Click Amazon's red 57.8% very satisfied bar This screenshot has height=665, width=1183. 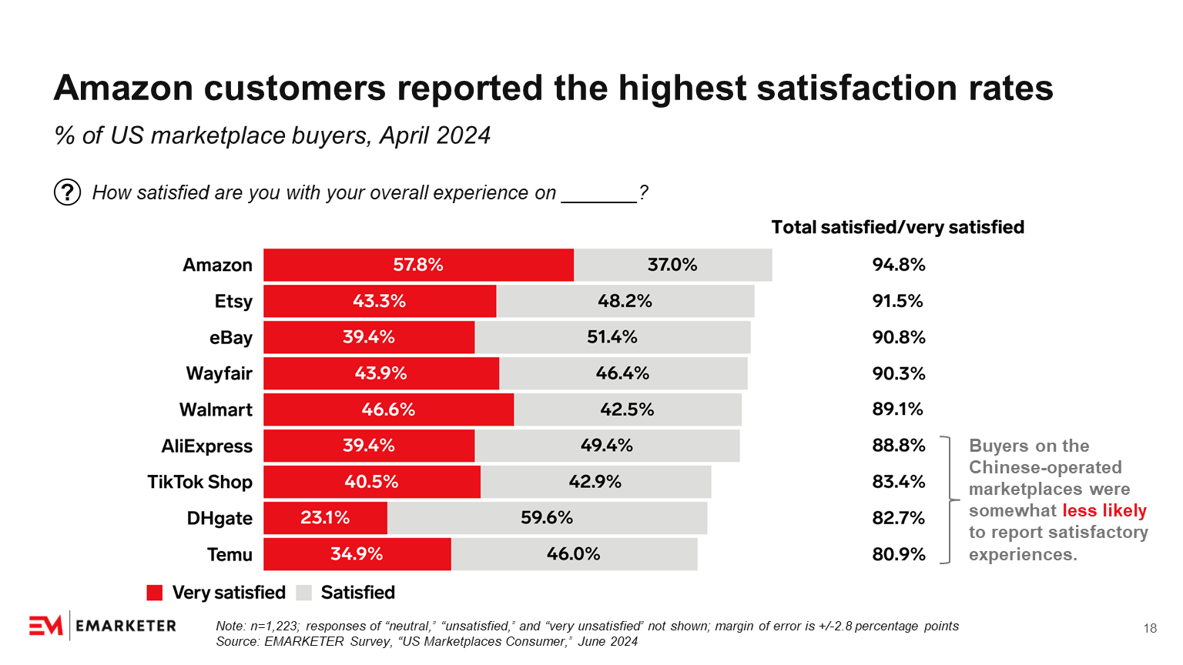click(x=418, y=265)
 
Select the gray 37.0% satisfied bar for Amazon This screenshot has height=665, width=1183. click(x=672, y=265)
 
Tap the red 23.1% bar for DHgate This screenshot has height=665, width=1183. click(x=325, y=518)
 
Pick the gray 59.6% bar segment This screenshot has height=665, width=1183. click(x=547, y=518)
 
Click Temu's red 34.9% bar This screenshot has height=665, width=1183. click(x=357, y=554)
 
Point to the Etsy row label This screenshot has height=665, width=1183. click(x=233, y=302)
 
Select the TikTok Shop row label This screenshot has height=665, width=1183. click(x=199, y=482)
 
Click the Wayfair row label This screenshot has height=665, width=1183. click(x=219, y=374)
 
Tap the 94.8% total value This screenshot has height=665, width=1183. click(x=898, y=265)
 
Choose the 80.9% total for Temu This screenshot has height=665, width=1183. click(x=898, y=554)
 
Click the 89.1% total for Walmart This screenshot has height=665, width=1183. click(x=897, y=409)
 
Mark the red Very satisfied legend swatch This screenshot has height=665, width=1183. click(x=155, y=593)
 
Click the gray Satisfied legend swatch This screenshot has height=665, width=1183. click(x=304, y=593)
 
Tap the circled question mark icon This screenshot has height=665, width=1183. click(x=68, y=192)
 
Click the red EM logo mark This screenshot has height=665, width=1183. click(x=45, y=627)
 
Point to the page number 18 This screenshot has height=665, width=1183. click(x=1150, y=629)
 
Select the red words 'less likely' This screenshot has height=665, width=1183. click(x=1104, y=511)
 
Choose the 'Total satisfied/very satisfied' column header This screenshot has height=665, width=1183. click(x=897, y=228)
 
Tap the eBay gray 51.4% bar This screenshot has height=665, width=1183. click(x=612, y=337)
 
